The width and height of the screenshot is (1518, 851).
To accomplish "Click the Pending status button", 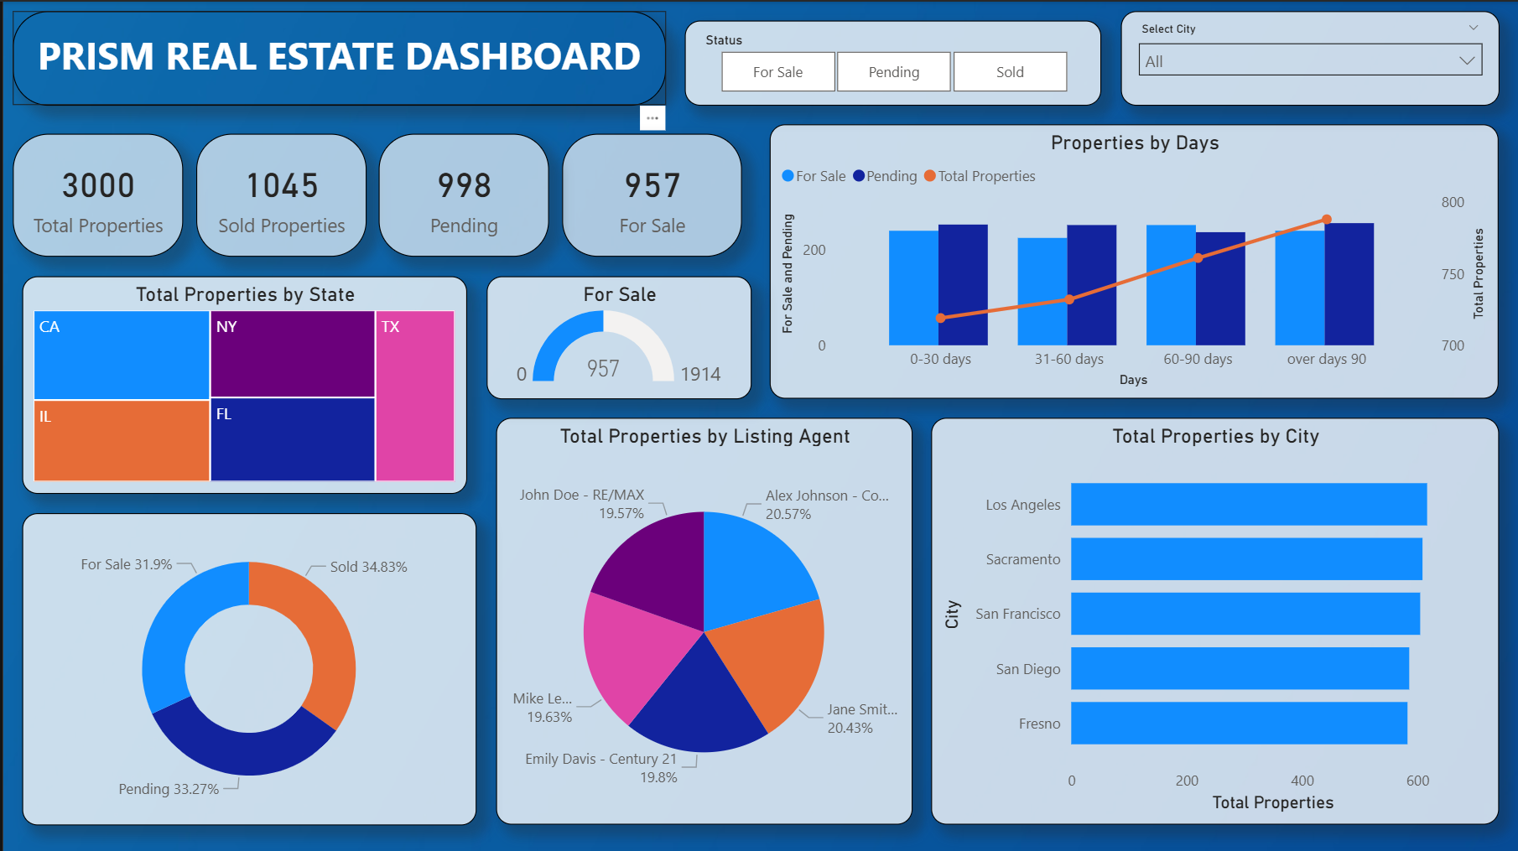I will (x=893, y=72).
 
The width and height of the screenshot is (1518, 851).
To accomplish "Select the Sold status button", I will (x=1010, y=72).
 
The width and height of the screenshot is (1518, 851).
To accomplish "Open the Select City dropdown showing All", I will (x=1310, y=61).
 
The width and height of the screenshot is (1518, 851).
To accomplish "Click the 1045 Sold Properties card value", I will (x=282, y=186).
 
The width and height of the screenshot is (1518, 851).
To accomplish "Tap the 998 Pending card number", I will (x=464, y=186).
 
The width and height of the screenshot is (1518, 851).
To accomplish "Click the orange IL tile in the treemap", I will (x=122, y=440).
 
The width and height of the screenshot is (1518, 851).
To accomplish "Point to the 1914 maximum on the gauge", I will (x=700, y=374).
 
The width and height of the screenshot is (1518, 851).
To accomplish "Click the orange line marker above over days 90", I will (x=1327, y=220).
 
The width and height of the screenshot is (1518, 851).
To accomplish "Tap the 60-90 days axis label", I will (x=1198, y=359).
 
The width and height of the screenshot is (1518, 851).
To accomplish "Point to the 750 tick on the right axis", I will (x=1453, y=274).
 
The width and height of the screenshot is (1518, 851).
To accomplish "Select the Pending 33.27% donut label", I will (x=169, y=789).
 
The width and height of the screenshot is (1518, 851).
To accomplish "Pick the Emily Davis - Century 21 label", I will (x=600, y=759).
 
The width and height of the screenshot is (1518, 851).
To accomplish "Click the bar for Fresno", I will (x=1239, y=723).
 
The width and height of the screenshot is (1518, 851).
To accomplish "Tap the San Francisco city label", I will (x=1017, y=614).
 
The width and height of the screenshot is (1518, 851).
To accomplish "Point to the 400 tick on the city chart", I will (x=1302, y=781).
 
